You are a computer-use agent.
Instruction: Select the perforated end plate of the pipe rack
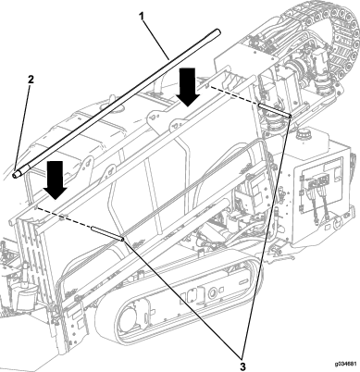(x=30, y=268)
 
